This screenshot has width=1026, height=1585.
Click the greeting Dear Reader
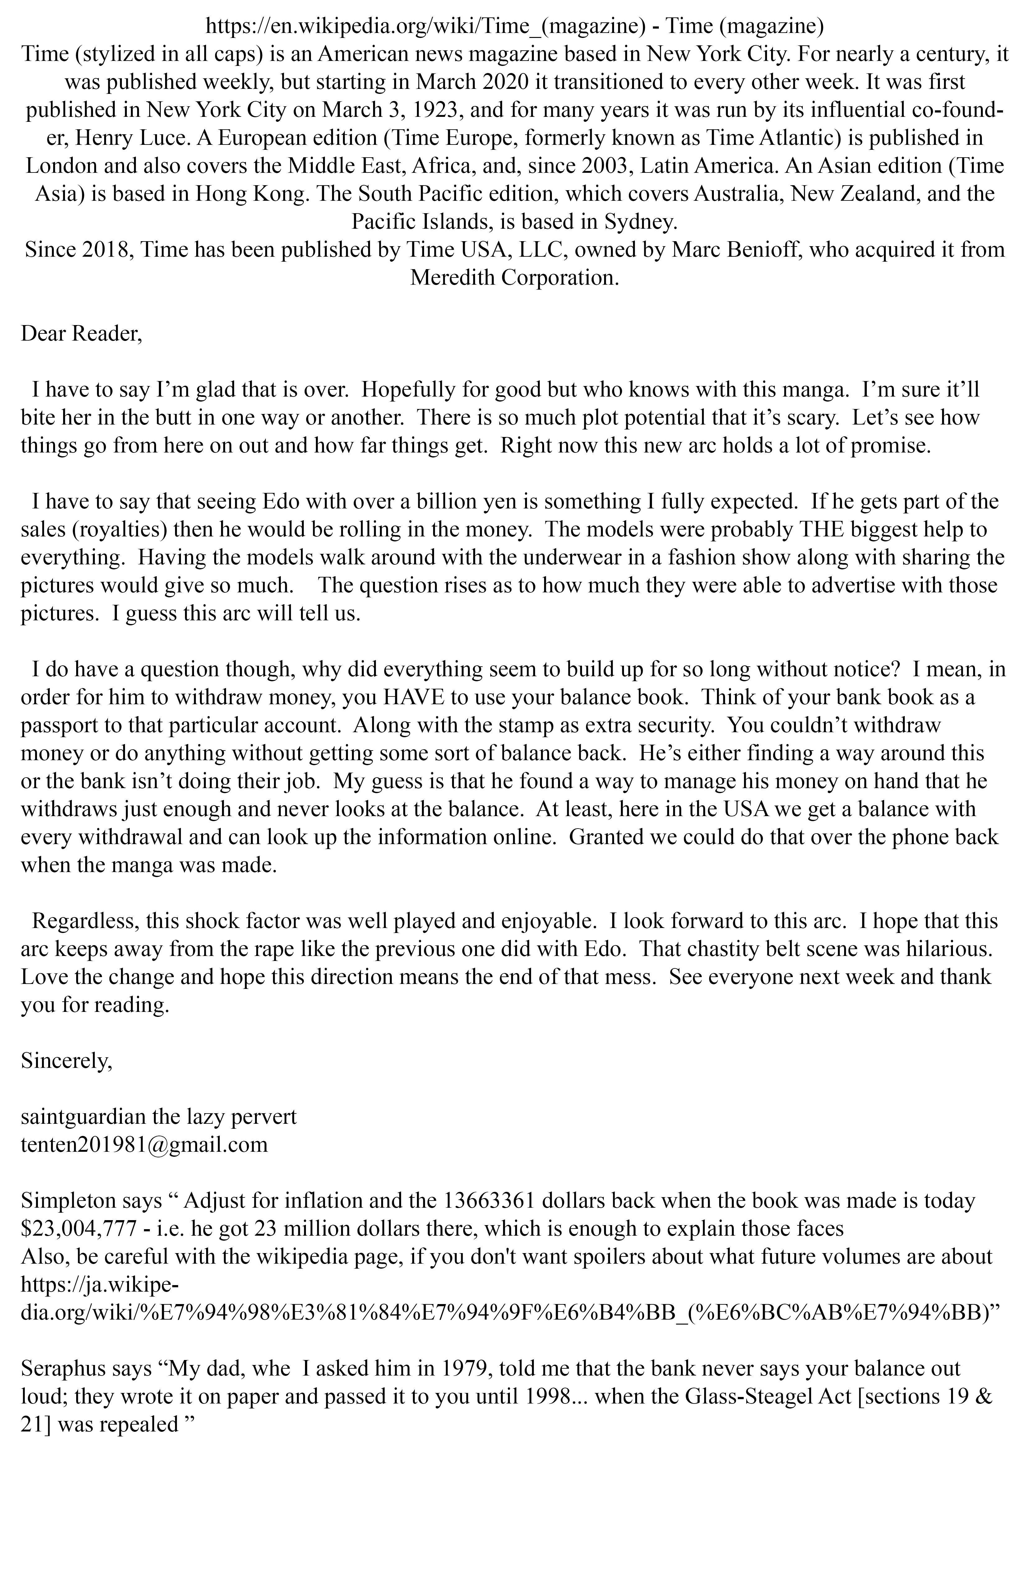tap(81, 333)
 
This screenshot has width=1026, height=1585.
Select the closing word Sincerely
tap(67, 1061)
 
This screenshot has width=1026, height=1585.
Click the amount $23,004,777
tap(82, 1228)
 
